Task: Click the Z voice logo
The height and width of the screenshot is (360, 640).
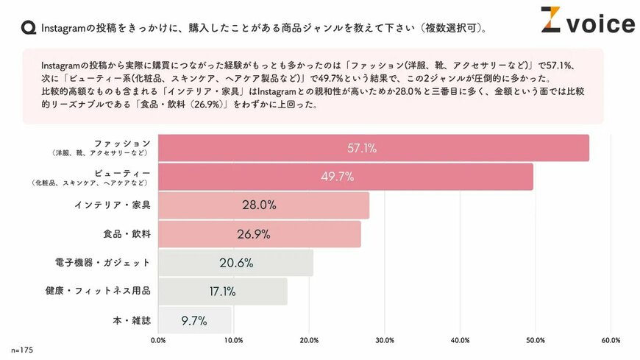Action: (x=587, y=22)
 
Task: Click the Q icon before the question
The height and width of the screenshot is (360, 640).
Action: (x=28, y=28)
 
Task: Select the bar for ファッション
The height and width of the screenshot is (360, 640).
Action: (x=373, y=148)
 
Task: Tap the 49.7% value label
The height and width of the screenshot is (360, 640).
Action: (x=338, y=177)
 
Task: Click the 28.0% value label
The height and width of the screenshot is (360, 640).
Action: (x=259, y=205)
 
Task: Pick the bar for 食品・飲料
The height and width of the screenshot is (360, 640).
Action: (x=259, y=234)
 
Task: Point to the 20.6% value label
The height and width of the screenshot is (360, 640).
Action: (x=236, y=263)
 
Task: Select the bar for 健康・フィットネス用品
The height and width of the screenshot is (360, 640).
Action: (x=222, y=292)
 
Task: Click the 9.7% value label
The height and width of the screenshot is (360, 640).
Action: (x=193, y=320)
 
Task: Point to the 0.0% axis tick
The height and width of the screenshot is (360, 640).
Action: (x=158, y=340)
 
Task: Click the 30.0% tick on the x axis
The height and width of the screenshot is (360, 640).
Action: (x=385, y=340)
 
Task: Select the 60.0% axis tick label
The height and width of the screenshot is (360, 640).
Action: (x=611, y=340)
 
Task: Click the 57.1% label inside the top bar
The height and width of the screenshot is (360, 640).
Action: (x=362, y=148)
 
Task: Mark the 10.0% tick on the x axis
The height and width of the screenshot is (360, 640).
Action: (x=233, y=340)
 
